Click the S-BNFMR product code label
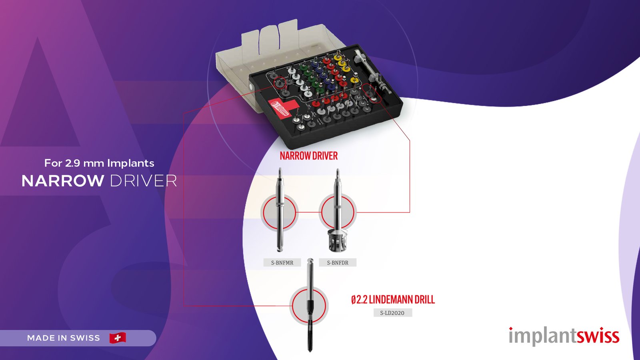[x=282, y=263]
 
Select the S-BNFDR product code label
[x=338, y=263]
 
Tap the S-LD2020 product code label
[x=392, y=313]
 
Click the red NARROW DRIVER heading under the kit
[x=308, y=156]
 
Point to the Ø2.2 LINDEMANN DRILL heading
[x=393, y=300]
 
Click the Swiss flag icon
[x=118, y=338]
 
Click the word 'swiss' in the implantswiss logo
[x=598, y=336]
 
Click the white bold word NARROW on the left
[x=63, y=181]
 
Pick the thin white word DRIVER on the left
[x=143, y=181]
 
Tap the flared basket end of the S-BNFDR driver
[x=337, y=241]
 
